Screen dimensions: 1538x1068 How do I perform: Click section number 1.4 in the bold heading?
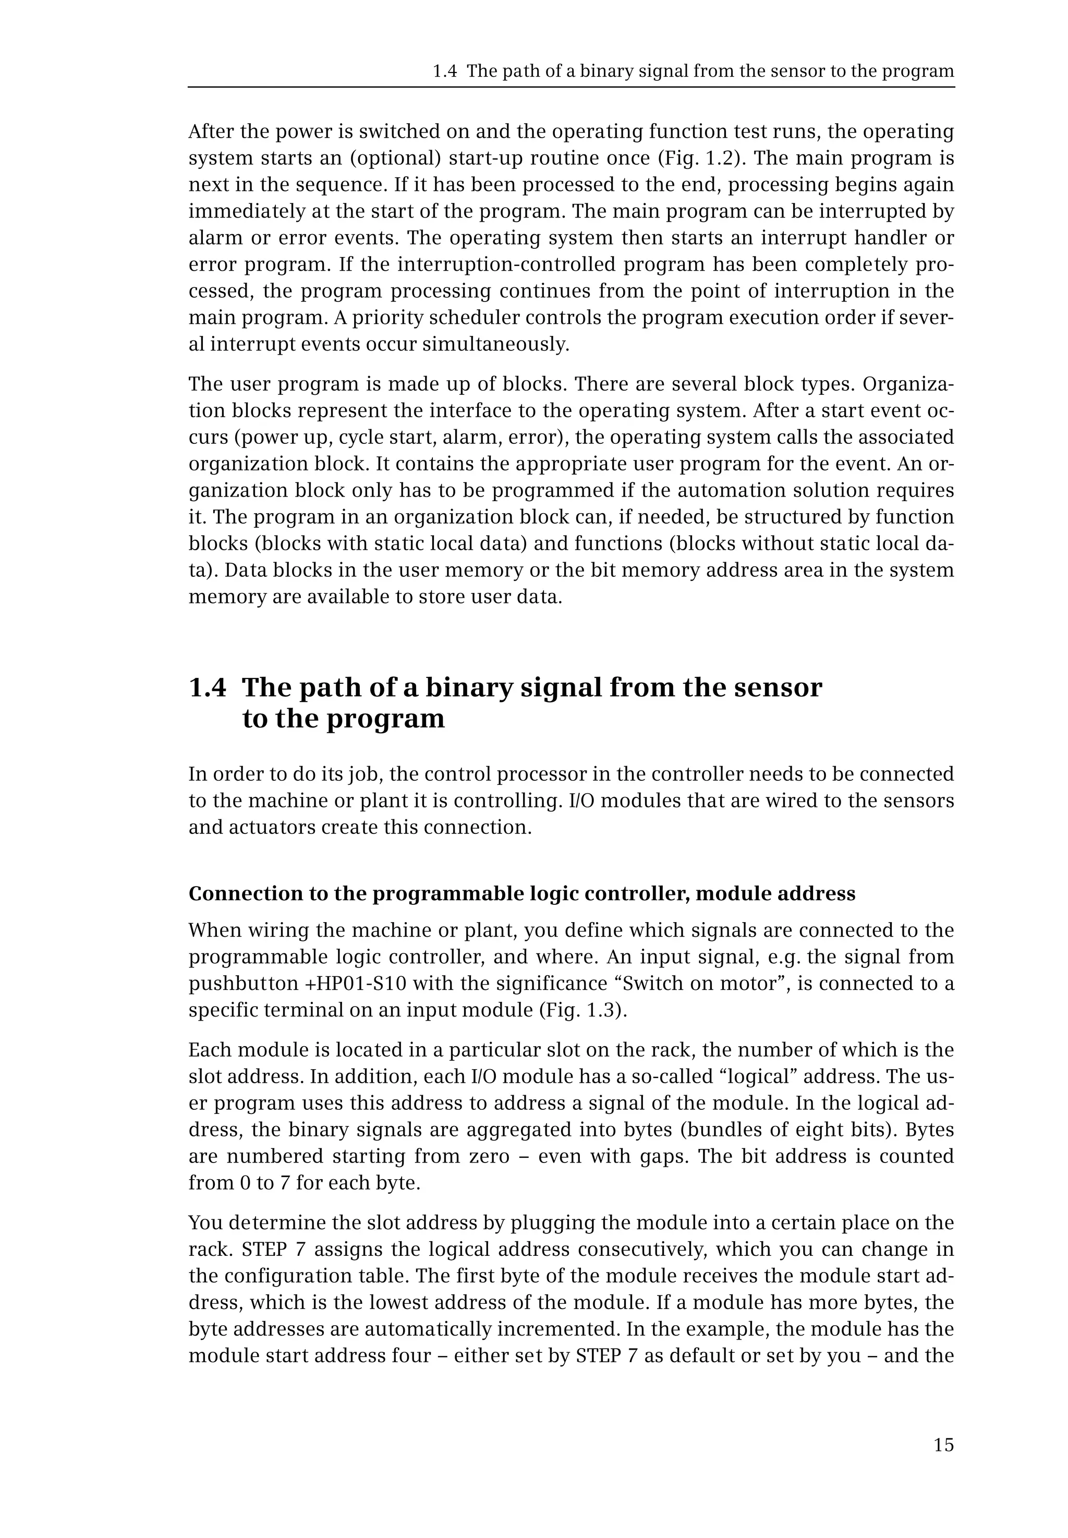click(208, 687)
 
